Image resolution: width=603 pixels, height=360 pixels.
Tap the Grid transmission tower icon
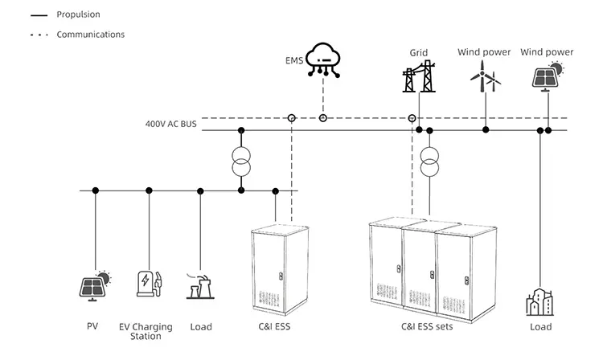pos(419,76)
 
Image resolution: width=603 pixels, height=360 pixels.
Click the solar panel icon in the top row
pos(547,77)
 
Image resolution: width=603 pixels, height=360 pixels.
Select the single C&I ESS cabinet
pos(278,270)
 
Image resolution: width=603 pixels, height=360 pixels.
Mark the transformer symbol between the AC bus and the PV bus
pos(240,160)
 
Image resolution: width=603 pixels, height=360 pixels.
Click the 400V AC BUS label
pos(170,125)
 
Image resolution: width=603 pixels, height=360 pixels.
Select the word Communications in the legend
pos(90,35)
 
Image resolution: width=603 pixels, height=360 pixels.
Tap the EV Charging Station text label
pos(146,331)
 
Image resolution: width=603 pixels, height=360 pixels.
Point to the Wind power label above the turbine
pos(484,52)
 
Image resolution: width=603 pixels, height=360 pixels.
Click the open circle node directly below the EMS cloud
pos(323,118)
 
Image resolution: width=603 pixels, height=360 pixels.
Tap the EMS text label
pos(294,60)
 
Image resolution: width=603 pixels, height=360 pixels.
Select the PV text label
pos(92,327)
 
